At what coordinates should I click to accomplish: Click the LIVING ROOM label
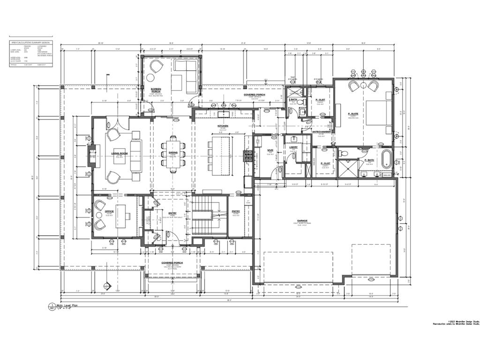pyautogui.click(x=120, y=153)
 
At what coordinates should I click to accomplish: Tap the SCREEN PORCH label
pyautogui.click(x=156, y=90)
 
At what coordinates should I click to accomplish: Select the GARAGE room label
pyautogui.click(x=302, y=220)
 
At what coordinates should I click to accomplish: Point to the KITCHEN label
pyautogui.click(x=222, y=126)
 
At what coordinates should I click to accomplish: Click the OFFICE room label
pyautogui.click(x=109, y=212)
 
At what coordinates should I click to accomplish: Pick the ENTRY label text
pyautogui.click(x=172, y=213)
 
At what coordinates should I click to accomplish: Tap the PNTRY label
pyautogui.click(x=235, y=211)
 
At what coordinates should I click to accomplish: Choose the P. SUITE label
pyautogui.click(x=353, y=114)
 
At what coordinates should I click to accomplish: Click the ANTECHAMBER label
pyautogui.click(x=322, y=132)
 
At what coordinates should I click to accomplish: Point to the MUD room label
pyautogui.click(x=270, y=150)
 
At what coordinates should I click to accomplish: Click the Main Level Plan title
pyautogui.click(x=66, y=306)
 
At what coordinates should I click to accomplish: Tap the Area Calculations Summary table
pyautogui.click(x=32, y=54)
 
